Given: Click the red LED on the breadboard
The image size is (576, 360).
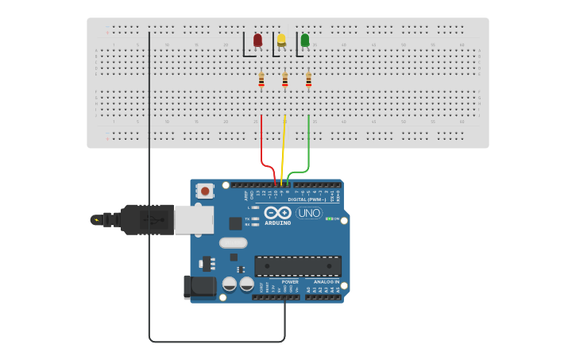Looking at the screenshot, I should tap(257, 40).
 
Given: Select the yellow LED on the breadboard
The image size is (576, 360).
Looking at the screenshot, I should tap(281, 40).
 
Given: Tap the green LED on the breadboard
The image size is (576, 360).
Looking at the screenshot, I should tap(304, 40).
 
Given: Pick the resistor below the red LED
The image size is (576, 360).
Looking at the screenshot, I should tap(261, 79).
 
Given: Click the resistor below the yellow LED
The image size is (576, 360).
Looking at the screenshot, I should tap(284, 79).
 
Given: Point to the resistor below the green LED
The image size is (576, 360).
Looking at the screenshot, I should tap(308, 79).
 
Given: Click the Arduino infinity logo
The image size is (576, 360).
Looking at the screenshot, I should tap(278, 212).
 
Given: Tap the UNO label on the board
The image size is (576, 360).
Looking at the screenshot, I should tap(308, 212).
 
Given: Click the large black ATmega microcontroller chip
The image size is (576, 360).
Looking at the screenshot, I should tap(298, 266).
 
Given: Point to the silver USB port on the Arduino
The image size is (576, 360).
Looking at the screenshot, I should tap(194, 219).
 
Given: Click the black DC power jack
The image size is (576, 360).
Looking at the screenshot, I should tap(199, 286).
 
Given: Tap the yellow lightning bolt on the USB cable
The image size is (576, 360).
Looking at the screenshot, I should tap(97, 219).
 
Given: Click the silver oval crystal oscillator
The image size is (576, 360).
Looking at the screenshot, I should tap(233, 243).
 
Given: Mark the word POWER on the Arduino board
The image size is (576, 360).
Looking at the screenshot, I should tap(290, 281).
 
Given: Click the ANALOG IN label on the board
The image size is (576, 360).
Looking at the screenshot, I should tap(326, 281).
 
